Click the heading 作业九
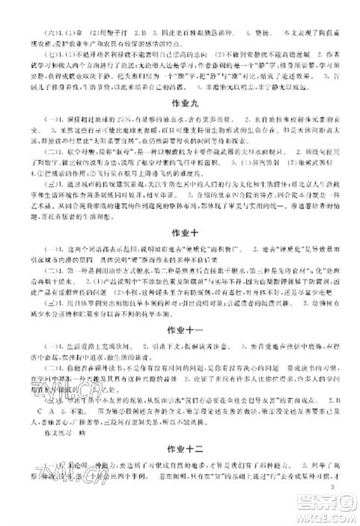coord(180,103)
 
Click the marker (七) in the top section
coord(33,53)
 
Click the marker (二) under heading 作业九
coord(33,154)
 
